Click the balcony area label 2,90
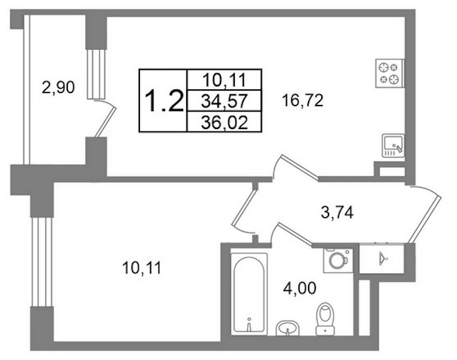tap(58, 88)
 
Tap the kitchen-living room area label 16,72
tap(303, 101)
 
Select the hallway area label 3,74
tap(337, 212)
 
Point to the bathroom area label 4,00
tap(300, 289)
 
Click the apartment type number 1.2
tap(164, 101)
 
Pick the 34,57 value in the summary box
tap(225, 101)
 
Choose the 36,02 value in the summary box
tap(225, 122)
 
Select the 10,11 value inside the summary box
tap(225, 80)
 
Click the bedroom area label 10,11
tap(142, 268)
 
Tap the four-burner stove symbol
tap(390, 73)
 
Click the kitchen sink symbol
tap(393, 146)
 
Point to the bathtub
tap(249, 294)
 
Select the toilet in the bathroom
tap(325, 319)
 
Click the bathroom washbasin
tap(288, 328)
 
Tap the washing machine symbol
tap(338, 260)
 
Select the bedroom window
tap(41, 262)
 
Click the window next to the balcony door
tap(96, 74)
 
